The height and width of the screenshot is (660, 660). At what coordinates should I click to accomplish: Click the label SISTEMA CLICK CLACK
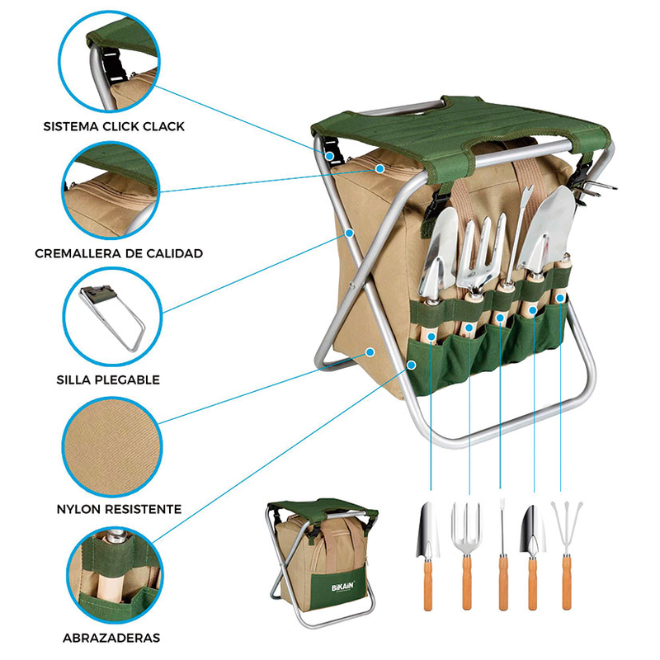pos(114,127)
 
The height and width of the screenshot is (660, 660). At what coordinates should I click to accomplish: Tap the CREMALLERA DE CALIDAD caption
pos(119,253)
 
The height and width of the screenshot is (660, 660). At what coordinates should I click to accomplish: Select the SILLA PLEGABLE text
pos(108,380)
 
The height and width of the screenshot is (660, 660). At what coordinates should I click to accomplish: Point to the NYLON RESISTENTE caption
pos(119,509)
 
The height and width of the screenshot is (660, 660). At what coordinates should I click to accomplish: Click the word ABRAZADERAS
pos(111,638)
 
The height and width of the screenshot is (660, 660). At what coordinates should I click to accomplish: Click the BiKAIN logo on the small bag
pos(342,586)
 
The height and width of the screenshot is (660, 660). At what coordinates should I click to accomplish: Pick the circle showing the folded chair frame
pos(112,317)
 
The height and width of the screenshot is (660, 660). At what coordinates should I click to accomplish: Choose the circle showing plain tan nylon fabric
pos(112,446)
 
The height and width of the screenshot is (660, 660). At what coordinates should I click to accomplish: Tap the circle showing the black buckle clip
pos(109,61)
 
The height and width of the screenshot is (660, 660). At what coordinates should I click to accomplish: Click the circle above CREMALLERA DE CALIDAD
pos(111,190)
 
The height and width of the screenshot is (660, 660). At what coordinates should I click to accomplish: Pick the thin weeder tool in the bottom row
pos(502,554)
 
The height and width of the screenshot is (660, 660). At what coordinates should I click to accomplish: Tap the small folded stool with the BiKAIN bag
pos(323,563)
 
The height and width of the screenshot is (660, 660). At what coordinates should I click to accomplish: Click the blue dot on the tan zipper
pos(379,169)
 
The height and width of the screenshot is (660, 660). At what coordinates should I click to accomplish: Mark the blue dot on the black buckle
pos(330,157)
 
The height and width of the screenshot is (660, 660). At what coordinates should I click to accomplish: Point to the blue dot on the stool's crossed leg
pos(349,233)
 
